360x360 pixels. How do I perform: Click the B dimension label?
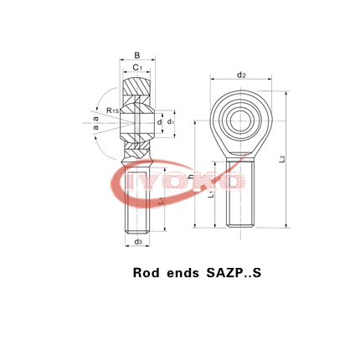click(x=137, y=54)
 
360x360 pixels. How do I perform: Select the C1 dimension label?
click(x=137, y=67)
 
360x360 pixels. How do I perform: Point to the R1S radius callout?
click(x=113, y=111)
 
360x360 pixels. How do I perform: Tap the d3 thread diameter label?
click(x=137, y=242)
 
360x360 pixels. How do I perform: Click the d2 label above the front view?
click(x=241, y=75)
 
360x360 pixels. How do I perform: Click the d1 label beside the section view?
click(x=171, y=122)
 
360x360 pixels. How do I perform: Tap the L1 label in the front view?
click(x=211, y=193)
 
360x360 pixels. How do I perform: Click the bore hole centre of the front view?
click(x=241, y=116)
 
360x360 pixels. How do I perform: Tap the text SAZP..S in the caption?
click(x=228, y=272)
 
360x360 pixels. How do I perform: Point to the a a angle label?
click(x=96, y=123)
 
